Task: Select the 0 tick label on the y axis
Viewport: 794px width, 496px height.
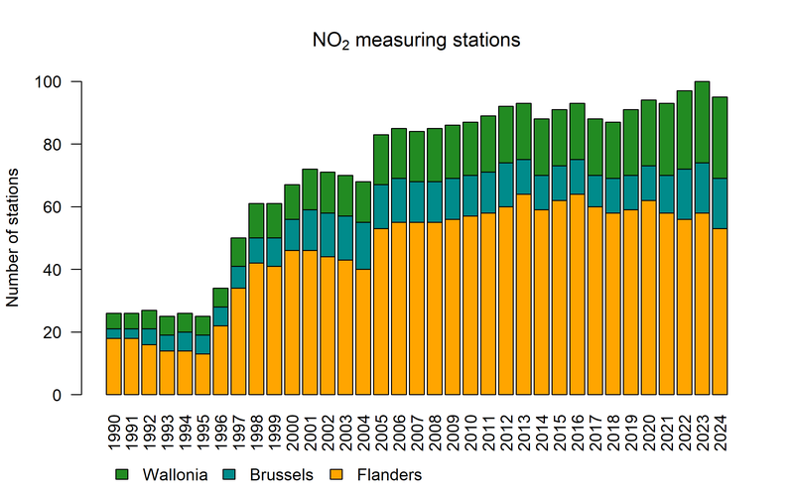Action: [82, 395]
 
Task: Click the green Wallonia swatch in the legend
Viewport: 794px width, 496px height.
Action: [124, 475]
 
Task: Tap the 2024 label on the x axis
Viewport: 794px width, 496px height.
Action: [720, 431]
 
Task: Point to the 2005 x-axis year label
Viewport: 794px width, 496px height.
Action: [381, 431]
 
